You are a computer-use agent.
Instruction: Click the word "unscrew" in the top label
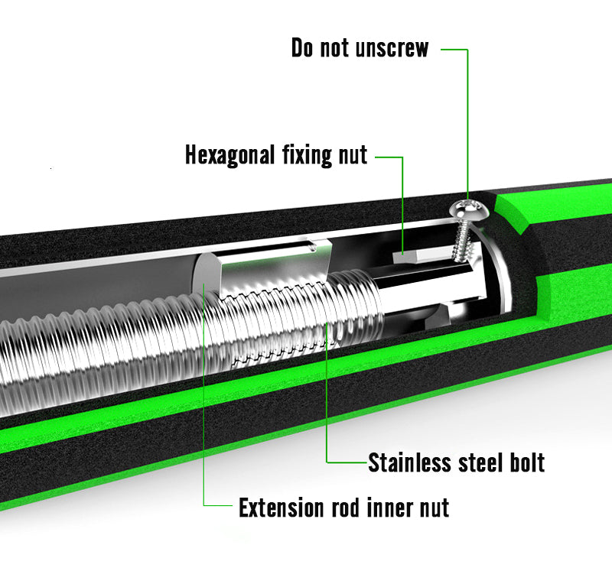[x=392, y=48]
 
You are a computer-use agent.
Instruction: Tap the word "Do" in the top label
[x=304, y=48]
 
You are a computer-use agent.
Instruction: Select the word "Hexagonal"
[x=229, y=155]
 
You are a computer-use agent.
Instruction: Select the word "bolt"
[x=527, y=462]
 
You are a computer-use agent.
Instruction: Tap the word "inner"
[x=389, y=507]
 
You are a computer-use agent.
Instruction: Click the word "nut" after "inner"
[x=433, y=507]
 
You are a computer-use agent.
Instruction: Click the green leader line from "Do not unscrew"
[x=466, y=115]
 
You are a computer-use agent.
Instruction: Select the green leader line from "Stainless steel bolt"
[x=328, y=397]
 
